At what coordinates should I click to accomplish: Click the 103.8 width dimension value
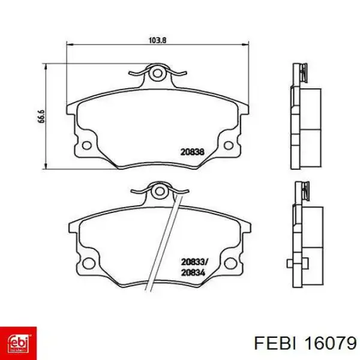pos(157,40)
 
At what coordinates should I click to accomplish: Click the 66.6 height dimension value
pos(41,116)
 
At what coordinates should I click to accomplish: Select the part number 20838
pos(193,152)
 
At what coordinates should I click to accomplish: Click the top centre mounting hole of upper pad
pos(158,74)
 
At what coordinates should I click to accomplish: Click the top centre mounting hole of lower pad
pos(159,191)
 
